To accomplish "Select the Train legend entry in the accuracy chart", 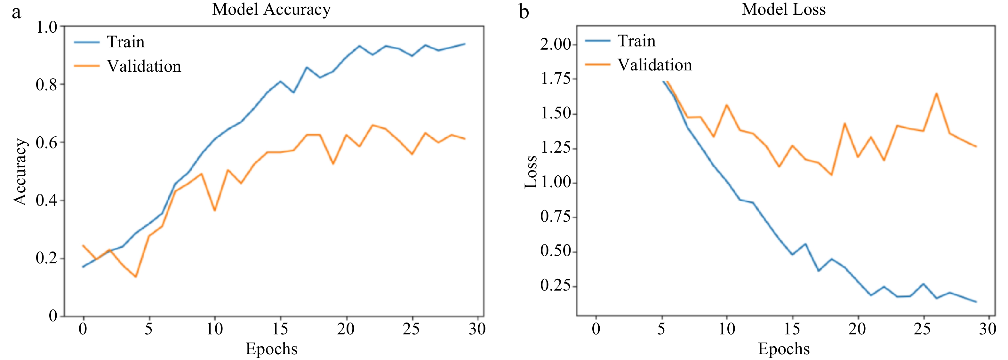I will [x=125, y=42].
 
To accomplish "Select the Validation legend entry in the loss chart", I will [x=654, y=65].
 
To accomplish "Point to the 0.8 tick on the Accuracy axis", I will [x=46, y=84].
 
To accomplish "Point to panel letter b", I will [x=524, y=12].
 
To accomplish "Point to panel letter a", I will [x=16, y=12].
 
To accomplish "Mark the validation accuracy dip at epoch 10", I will [x=214, y=211].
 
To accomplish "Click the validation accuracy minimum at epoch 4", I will [x=136, y=277].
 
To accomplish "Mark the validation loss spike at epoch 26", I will [x=936, y=93].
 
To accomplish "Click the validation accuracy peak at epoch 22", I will [x=372, y=125].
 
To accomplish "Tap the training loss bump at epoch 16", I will [x=805, y=244].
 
